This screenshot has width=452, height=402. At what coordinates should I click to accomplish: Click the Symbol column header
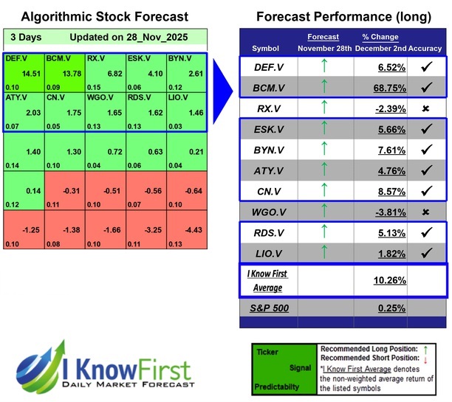point(266,48)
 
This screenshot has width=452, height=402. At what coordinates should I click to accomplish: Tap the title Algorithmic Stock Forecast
point(100,16)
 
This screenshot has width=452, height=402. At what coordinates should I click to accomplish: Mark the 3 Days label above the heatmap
point(26,37)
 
